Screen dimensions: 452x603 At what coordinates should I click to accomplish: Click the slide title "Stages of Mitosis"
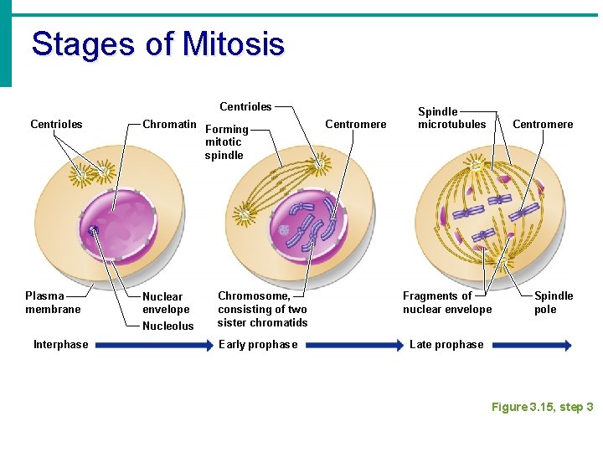click(x=157, y=44)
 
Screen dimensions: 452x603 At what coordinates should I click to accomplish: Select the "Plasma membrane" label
click(x=53, y=302)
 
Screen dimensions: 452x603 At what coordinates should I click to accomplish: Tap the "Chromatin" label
click(x=169, y=125)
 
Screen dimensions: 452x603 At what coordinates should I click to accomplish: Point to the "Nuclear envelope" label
click(x=166, y=303)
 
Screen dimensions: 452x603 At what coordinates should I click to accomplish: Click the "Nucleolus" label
click(x=167, y=326)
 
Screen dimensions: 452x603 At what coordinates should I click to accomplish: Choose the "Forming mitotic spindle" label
click(x=226, y=141)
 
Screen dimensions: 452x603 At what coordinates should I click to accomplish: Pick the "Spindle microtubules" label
click(x=451, y=118)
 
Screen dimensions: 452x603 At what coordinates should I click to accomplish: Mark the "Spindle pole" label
click(x=554, y=302)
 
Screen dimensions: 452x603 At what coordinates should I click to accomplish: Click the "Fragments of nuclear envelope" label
click(x=447, y=302)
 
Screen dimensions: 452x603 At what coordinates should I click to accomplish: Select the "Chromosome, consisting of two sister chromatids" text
click(x=262, y=309)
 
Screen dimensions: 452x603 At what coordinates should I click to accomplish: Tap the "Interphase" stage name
click(x=60, y=345)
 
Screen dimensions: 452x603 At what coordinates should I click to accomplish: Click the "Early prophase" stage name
click(x=257, y=345)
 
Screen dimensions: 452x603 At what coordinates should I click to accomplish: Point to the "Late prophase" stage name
click(x=446, y=345)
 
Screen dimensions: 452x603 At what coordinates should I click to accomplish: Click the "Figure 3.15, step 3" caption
click(x=542, y=407)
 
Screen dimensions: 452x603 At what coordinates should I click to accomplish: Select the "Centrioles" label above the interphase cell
click(x=56, y=125)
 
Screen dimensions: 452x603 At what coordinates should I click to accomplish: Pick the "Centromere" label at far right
click(x=543, y=125)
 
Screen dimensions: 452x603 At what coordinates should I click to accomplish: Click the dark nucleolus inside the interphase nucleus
click(x=93, y=230)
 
